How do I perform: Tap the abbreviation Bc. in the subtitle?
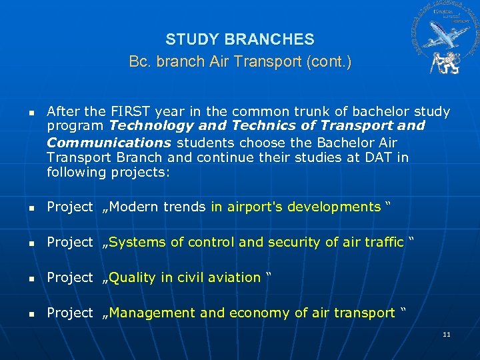tap(139, 62)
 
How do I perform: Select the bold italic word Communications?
tap(109, 142)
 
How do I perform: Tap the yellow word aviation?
tap(233, 277)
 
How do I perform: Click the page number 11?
tap(446, 333)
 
